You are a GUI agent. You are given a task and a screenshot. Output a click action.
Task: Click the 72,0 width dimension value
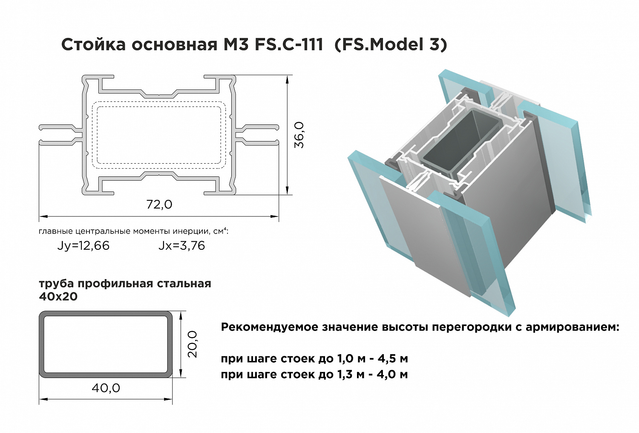tap(159, 205)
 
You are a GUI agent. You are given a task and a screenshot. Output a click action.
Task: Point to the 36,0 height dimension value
tap(299, 135)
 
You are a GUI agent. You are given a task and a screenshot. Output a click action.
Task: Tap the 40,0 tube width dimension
tap(106, 388)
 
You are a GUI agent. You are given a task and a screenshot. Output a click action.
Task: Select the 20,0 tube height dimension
tap(193, 344)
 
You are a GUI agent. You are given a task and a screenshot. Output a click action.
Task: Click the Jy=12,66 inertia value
tap(83, 245)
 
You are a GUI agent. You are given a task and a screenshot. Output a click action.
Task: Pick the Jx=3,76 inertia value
tap(182, 245)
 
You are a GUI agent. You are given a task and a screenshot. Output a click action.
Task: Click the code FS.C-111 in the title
tap(289, 45)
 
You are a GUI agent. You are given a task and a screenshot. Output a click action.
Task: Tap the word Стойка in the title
tap(94, 45)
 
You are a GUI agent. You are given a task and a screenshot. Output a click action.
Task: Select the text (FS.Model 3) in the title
tap(391, 45)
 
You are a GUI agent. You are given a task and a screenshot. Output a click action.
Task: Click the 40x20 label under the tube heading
tap(58, 297)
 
